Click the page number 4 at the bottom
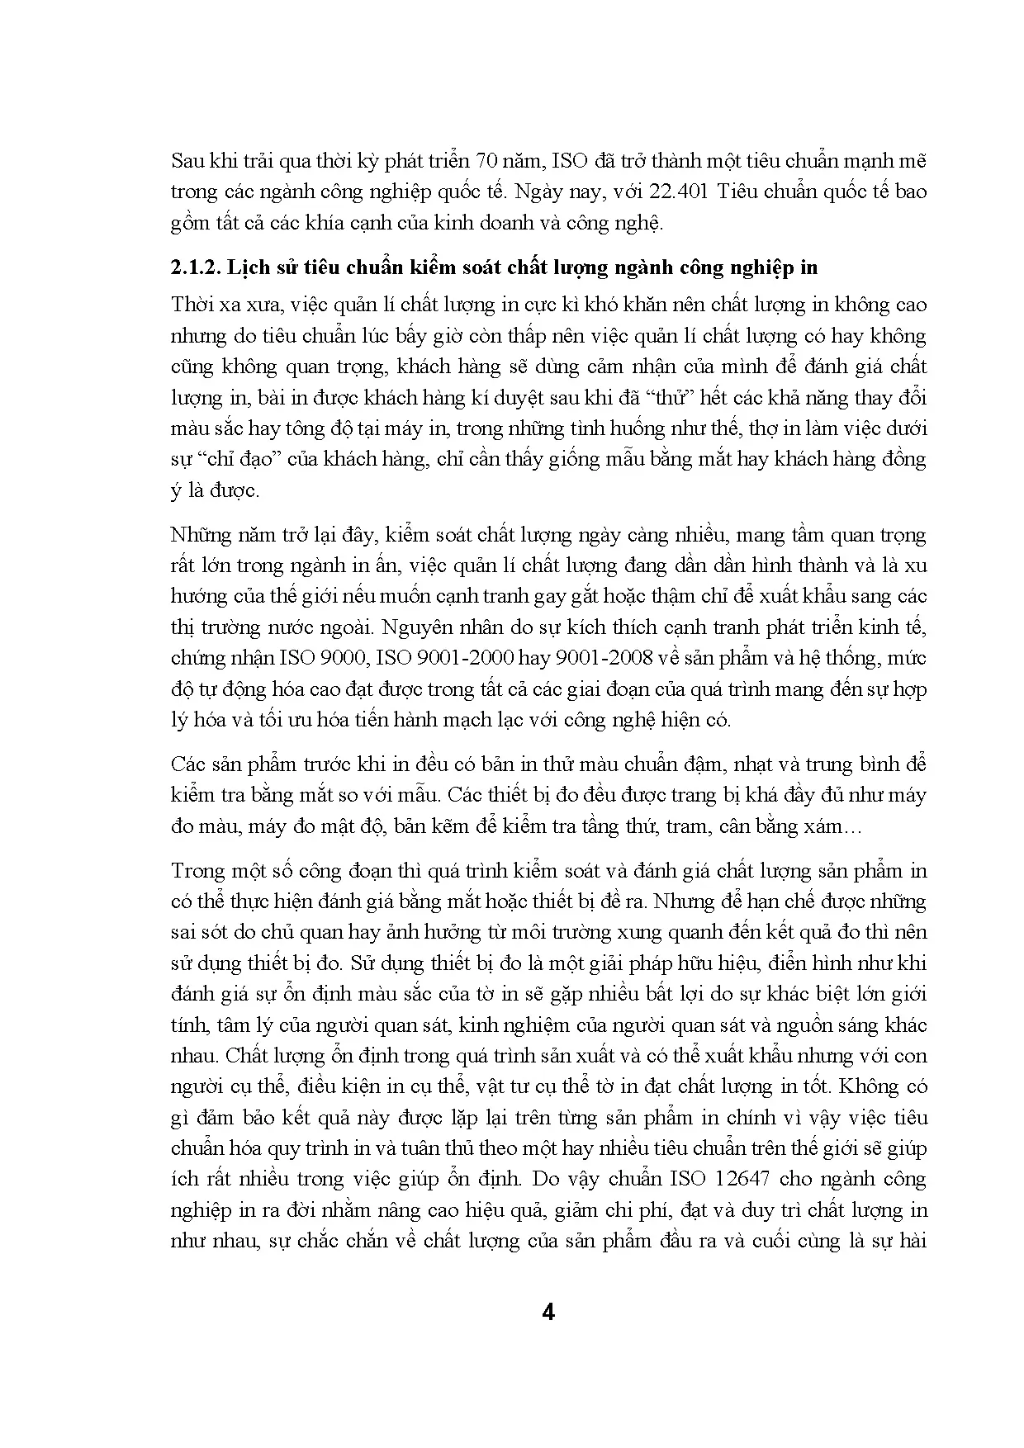click(x=546, y=1313)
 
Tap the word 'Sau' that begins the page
click(x=187, y=161)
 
